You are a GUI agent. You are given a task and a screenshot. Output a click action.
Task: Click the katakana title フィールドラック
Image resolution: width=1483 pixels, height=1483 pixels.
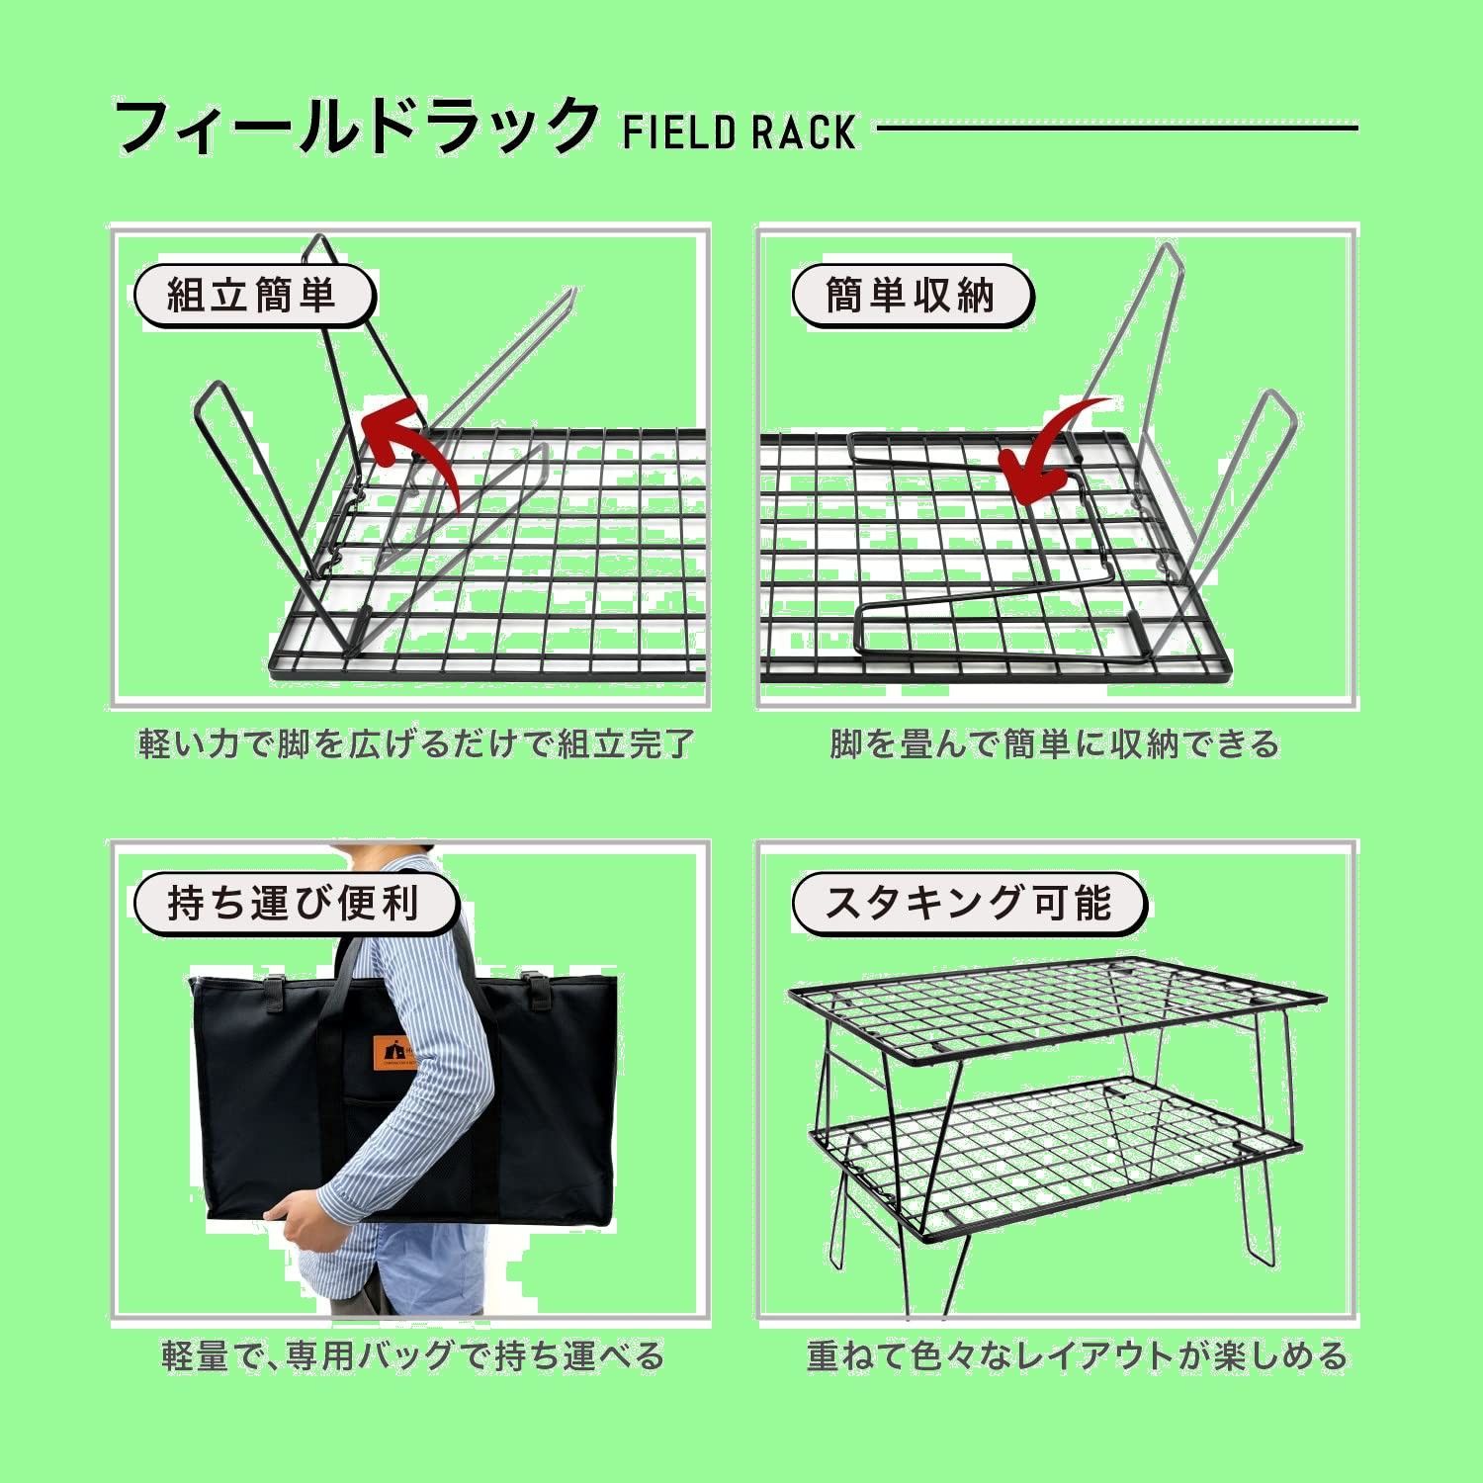tap(357, 127)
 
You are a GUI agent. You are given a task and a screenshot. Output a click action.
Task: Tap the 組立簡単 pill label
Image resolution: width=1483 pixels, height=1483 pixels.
tap(254, 295)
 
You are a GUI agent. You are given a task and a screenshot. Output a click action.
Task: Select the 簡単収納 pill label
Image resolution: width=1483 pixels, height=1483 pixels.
tap(912, 295)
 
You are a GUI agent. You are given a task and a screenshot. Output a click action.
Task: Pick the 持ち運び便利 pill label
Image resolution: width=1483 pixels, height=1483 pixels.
tap(295, 904)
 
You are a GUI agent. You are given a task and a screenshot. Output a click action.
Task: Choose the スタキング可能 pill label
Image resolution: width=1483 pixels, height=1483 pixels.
tap(969, 904)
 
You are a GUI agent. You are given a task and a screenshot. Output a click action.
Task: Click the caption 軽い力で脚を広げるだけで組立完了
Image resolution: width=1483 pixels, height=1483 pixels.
tap(416, 743)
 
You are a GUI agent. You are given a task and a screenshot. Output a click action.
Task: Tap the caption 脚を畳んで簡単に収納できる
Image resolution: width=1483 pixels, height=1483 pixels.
tap(1055, 743)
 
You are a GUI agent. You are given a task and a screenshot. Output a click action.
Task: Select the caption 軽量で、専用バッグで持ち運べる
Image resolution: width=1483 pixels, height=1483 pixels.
tap(413, 1355)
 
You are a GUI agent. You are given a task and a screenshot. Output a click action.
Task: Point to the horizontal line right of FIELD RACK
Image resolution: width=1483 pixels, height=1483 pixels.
tap(1117, 127)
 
